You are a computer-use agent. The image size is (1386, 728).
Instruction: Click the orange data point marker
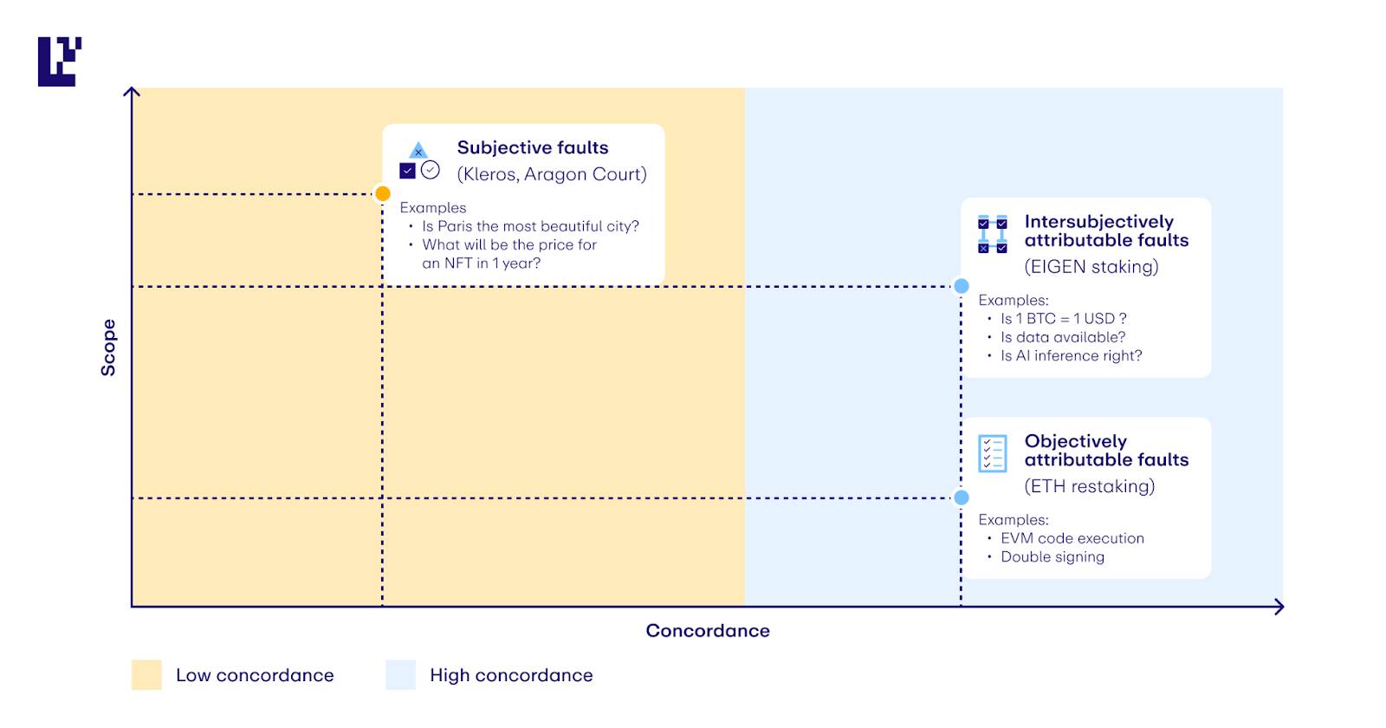(383, 194)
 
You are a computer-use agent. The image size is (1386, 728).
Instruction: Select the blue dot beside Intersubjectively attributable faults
(961, 286)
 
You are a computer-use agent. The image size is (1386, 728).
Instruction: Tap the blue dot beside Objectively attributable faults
(961, 497)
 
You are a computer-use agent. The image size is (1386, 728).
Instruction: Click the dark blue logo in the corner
(60, 62)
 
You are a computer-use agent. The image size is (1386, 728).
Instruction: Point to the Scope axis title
(108, 348)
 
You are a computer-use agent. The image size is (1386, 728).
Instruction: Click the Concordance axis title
(708, 631)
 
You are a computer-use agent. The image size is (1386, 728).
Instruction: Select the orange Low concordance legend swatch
(146, 675)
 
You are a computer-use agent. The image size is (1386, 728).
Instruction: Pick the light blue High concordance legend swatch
(401, 675)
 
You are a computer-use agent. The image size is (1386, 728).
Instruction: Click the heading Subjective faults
(533, 147)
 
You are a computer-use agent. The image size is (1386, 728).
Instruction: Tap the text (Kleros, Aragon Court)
(552, 174)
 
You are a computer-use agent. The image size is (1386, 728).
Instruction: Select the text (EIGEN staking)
(1091, 267)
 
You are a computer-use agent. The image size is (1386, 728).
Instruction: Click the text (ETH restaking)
(1090, 486)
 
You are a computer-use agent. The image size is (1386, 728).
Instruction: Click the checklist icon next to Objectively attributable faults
(993, 454)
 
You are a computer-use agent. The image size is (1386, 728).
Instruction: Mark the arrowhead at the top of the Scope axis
(132, 92)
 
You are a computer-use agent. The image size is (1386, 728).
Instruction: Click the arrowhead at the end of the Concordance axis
(1279, 607)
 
